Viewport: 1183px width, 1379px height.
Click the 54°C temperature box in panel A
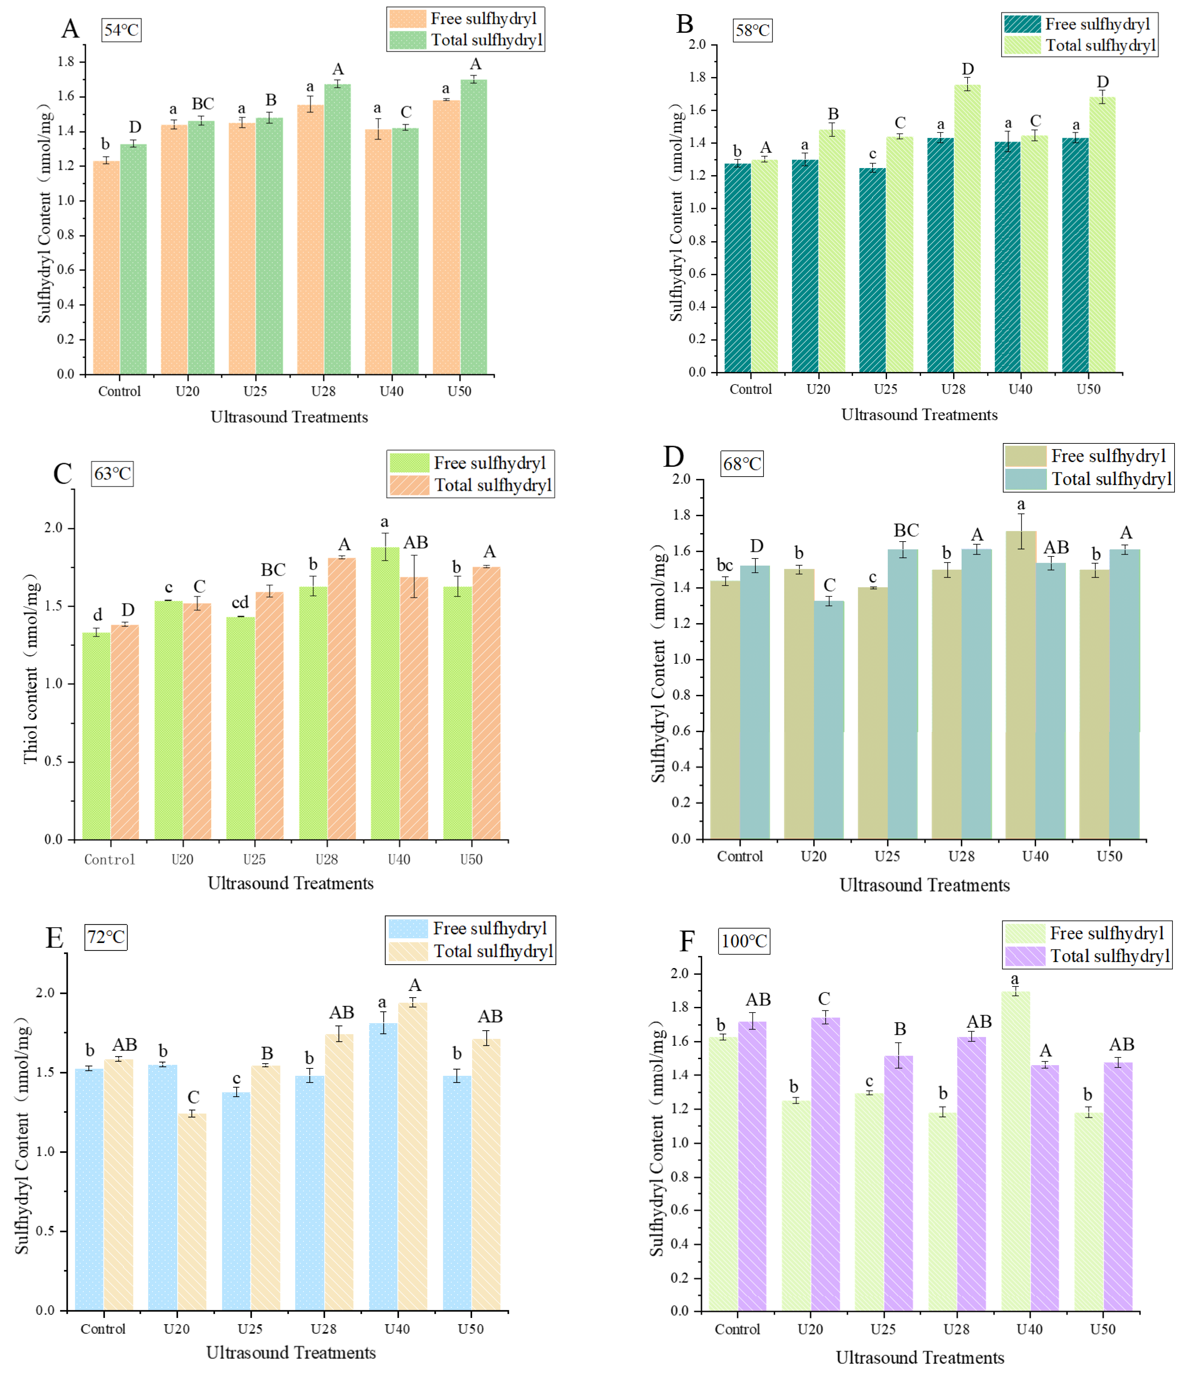pyautogui.click(x=121, y=30)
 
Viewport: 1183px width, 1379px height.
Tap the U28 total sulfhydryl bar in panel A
pyautogui.click(x=338, y=229)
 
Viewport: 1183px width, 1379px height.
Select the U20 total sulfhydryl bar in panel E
pyautogui.click(x=192, y=1211)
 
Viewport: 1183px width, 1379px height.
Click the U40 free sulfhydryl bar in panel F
pyautogui.click(x=1015, y=1151)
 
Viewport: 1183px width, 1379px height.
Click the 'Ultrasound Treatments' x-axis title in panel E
pyautogui.click(x=291, y=1353)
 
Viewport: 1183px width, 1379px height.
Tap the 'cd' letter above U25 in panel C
pyautogui.click(x=240, y=602)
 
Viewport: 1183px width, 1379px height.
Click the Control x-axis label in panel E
pyautogui.click(x=102, y=1329)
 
